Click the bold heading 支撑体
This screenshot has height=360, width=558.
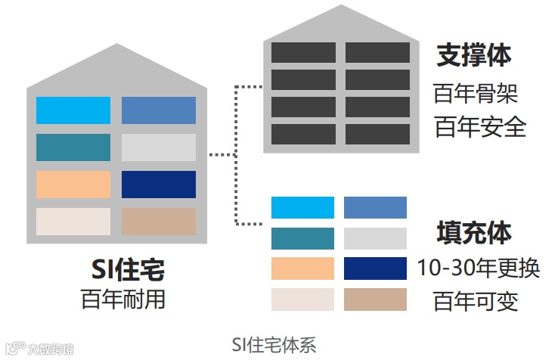point(474,56)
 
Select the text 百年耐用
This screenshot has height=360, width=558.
point(123,298)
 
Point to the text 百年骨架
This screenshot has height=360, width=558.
point(476,95)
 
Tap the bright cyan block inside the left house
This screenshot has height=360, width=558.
point(73,110)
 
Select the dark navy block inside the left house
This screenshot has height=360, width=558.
point(159,185)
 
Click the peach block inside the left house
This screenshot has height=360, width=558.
point(73,185)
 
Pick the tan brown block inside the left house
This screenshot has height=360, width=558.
point(159,222)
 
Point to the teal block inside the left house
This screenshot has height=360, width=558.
point(73,147)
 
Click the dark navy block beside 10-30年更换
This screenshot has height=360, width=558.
point(375,268)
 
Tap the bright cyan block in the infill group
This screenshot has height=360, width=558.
point(302,207)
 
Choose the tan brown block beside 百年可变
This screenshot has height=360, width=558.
point(375,299)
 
